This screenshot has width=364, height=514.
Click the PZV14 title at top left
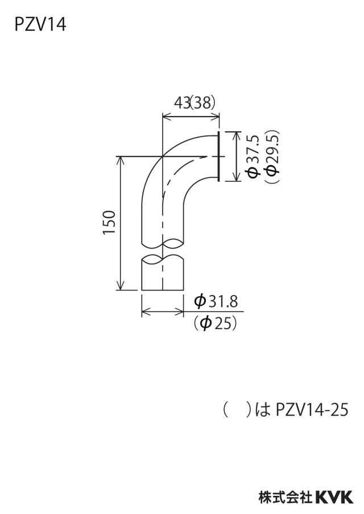pyautogui.click(x=40, y=25)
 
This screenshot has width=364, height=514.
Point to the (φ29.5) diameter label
pyautogui.click(x=272, y=156)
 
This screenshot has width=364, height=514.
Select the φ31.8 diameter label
pyautogui.click(x=216, y=301)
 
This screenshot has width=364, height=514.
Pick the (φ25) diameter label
pyautogui.click(x=215, y=324)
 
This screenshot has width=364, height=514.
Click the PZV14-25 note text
pyautogui.click(x=312, y=409)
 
